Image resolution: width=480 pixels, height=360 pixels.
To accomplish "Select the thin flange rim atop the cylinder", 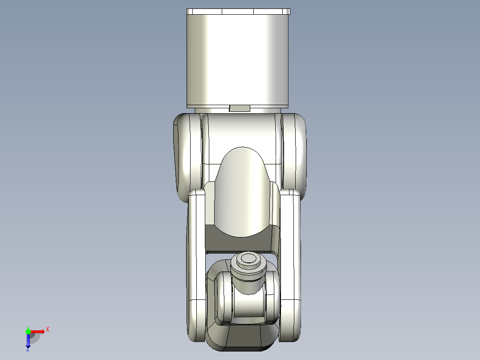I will (238, 12).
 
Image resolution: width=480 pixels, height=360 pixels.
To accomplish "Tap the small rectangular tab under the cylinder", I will (239, 108).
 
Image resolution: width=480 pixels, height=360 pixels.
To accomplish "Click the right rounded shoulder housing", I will (294, 156).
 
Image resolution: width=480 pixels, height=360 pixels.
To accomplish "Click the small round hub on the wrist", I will (248, 260).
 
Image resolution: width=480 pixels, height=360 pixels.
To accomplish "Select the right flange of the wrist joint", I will (271, 296).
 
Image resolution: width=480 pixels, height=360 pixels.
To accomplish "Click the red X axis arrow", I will (37, 331).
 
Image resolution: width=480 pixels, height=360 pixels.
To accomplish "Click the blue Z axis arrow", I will (28, 341).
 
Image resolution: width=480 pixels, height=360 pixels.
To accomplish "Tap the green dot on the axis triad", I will (28, 331).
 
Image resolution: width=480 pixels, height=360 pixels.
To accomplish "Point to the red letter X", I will (48, 330).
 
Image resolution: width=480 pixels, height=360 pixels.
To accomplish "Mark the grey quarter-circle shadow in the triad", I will (35, 338).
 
